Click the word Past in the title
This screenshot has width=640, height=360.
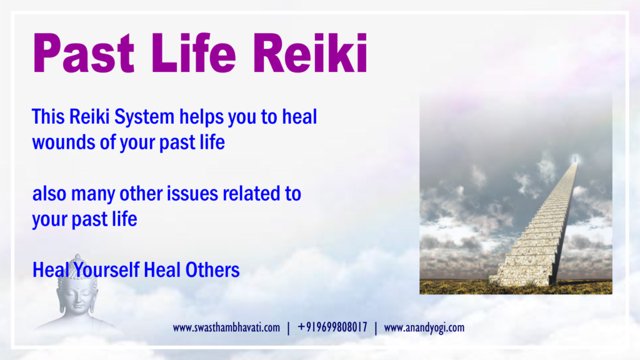[84, 53]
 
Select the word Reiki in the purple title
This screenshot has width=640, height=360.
[310, 53]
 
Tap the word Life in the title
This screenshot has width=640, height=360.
[194, 53]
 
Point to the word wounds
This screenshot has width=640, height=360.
[64, 142]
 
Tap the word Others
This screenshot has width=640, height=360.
[212, 270]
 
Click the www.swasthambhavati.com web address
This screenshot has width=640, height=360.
[226, 327]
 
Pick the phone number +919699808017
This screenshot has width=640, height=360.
[332, 327]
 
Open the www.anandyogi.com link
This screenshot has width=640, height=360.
[424, 327]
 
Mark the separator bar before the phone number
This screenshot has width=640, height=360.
[289, 328]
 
